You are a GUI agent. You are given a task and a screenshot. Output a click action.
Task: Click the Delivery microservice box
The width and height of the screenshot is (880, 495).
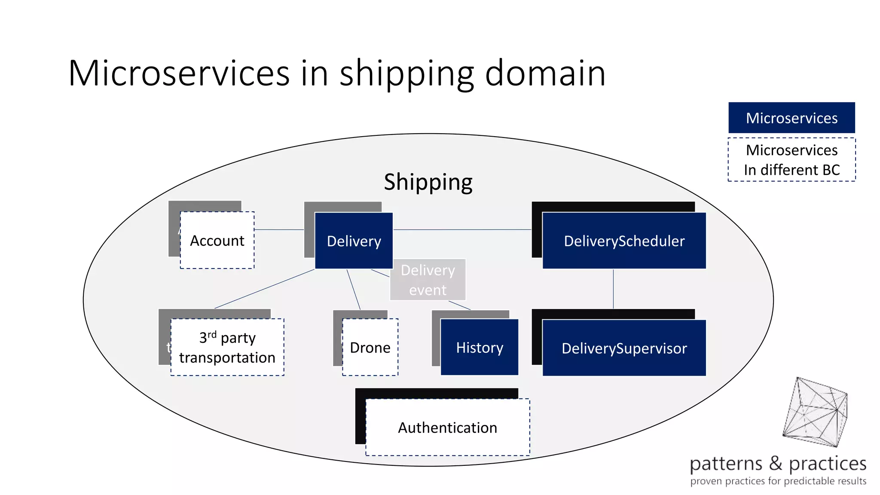click(354, 241)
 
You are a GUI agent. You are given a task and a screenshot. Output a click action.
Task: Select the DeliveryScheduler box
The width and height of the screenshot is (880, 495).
click(624, 241)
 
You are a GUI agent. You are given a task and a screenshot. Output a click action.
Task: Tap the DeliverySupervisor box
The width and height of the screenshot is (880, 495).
click(624, 348)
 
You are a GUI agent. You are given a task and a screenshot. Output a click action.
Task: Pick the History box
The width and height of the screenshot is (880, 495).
click(480, 347)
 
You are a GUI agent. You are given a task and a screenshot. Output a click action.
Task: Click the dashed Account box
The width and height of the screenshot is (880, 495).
click(217, 241)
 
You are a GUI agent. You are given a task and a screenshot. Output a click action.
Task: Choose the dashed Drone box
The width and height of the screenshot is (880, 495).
click(370, 347)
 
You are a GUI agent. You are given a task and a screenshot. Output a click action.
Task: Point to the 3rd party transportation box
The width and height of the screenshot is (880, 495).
click(227, 347)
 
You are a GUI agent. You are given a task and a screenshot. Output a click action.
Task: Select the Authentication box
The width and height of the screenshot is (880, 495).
click(447, 428)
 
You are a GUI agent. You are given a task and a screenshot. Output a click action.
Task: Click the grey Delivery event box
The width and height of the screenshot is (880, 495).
click(428, 280)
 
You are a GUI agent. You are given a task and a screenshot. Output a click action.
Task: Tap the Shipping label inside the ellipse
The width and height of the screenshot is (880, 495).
click(428, 182)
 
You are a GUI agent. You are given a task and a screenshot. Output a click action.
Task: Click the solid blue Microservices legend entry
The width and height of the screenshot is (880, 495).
click(791, 118)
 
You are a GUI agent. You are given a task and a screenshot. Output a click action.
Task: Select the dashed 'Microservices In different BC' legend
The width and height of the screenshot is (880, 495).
click(791, 160)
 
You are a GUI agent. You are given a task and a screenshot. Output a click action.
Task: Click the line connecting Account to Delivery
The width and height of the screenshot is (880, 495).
click(279, 229)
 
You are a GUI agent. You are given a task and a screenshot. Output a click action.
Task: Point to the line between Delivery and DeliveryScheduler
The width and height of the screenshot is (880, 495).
click(462, 229)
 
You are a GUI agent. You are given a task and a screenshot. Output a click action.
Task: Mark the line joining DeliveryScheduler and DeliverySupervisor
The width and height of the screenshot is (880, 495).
click(613, 289)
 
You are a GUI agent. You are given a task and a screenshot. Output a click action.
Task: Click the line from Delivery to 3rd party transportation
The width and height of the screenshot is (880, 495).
click(264, 289)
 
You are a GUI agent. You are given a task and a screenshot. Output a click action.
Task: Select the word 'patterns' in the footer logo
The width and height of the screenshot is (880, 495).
click(726, 464)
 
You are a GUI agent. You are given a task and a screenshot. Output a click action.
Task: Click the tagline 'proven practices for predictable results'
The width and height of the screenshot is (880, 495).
click(778, 481)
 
